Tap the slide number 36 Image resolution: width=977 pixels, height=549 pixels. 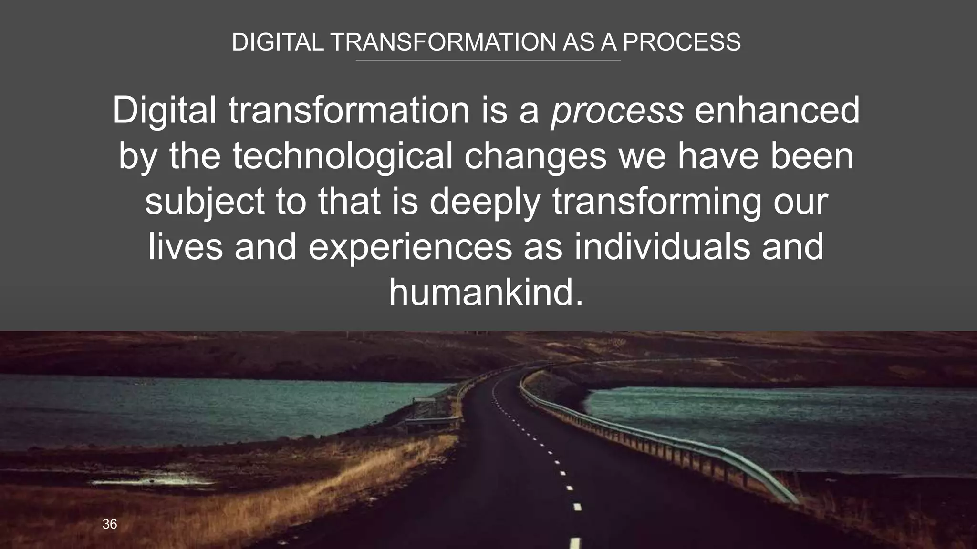point(110,524)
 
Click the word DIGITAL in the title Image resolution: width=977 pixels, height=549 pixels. point(278,42)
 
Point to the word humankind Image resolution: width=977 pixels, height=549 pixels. point(486,293)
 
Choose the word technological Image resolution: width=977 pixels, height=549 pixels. point(342,156)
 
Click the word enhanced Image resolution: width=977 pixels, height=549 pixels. point(777,111)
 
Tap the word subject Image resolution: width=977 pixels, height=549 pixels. point(205,202)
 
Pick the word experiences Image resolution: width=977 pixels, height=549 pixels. point(410,247)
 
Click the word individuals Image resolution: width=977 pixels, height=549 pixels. point(662,247)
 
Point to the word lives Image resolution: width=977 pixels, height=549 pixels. point(186,247)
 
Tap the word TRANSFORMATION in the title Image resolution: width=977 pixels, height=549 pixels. point(443,42)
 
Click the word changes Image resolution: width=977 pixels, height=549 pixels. point(535,156)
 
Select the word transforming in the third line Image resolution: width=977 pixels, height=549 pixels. point(657,202)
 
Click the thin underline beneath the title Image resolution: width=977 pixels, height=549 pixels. point(488,61)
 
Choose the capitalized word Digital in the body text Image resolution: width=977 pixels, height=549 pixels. point(165,111)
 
